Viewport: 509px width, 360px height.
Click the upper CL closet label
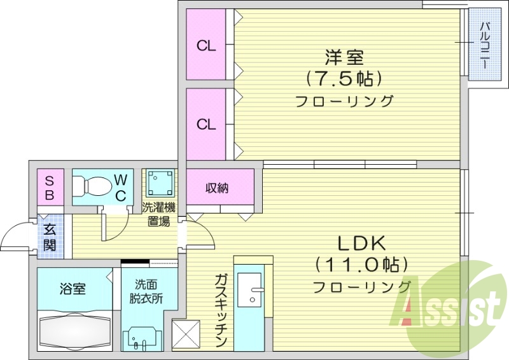(206, 46)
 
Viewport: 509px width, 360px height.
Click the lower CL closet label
(206, 125)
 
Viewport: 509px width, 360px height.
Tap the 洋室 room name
(344, 58)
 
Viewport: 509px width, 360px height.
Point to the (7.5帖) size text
(344, 79)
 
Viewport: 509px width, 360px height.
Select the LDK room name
(361, 243)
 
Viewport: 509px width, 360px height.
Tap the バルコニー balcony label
(484, 46)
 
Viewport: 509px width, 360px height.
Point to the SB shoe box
(49, 187)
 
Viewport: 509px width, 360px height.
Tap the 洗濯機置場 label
(158, 214)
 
